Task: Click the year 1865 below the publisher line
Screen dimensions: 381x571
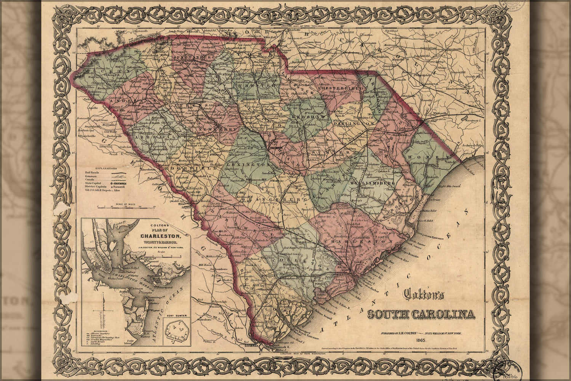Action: [421, 339]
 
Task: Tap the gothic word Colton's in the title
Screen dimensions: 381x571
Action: [424, 295]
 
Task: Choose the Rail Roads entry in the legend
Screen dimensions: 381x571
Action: [92, 172]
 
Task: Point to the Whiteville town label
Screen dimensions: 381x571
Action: [437, 114]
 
